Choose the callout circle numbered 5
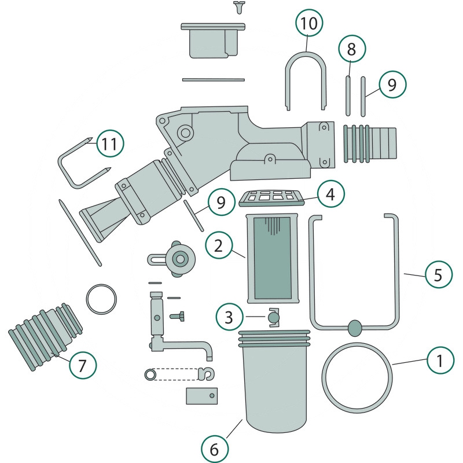(439, 275)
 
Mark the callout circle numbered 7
(82, 365)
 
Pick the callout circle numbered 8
(351, 50)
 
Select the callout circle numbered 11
(110, 144)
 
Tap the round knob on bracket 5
(354, 328)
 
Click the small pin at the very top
(238, 6)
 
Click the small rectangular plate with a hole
(201, 396)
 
